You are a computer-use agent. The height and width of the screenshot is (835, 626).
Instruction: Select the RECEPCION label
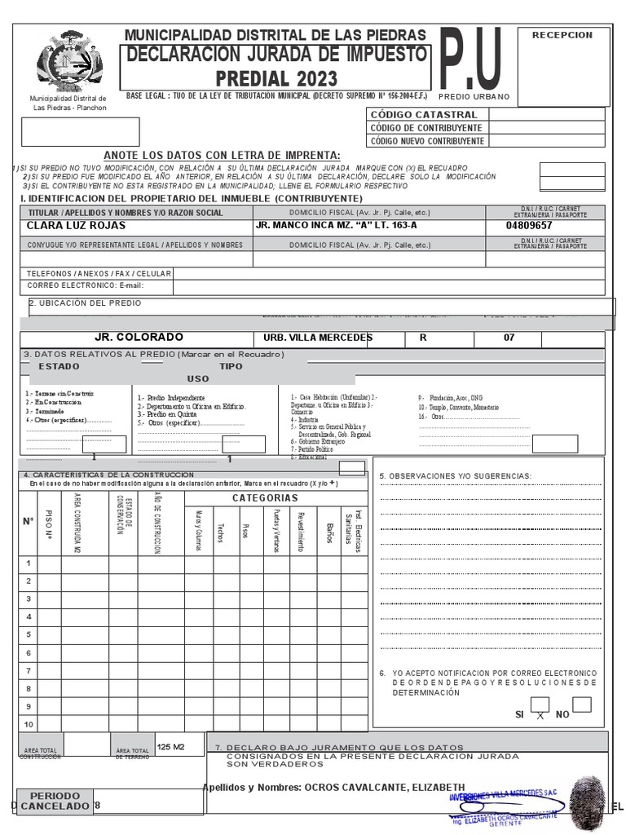562,35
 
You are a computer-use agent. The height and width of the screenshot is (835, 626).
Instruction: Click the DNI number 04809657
529,225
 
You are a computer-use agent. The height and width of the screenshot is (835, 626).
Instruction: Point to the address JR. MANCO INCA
336,225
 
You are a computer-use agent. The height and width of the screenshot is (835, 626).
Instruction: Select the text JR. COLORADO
139,338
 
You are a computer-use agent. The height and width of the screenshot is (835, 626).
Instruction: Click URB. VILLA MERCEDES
318,338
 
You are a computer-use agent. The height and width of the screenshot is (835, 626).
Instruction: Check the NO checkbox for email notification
581,705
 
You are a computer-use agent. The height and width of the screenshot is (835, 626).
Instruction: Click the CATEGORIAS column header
265,498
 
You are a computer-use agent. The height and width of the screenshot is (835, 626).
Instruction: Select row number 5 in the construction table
29,634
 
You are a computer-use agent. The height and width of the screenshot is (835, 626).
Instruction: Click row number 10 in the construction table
29,724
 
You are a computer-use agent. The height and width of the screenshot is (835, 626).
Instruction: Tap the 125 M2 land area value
171,746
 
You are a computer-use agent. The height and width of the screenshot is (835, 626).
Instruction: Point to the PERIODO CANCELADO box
55,801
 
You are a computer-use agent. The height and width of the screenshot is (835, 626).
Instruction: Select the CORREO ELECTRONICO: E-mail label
85,286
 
